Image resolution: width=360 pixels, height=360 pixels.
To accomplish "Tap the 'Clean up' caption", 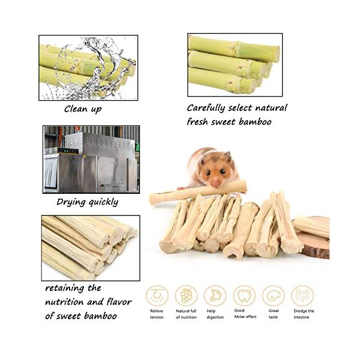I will click(x=83, y=109).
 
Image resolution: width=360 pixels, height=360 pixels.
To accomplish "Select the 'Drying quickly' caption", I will click(x=88, y=202).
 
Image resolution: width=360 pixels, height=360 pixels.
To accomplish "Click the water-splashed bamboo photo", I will click(x=88, y=67).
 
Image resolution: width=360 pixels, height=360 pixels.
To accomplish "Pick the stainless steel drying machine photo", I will click(x=91, y=159).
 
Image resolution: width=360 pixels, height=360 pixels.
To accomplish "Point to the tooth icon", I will click(x=244, y=295).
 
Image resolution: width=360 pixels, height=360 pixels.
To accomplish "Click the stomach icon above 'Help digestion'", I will click(x=215, y=295).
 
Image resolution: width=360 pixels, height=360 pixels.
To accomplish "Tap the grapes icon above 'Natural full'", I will click(x=186, y=295).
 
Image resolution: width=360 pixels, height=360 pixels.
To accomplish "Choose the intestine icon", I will click(x=302, y=295).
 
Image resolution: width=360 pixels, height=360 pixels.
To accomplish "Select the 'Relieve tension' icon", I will click(x=157, y=295).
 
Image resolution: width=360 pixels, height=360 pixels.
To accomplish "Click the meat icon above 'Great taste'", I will click(x=274, y=295).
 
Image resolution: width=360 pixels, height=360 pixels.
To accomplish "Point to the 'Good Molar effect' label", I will click(x=244, y=314).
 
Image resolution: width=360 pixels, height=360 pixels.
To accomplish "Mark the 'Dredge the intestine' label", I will click(x=304, y=314).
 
